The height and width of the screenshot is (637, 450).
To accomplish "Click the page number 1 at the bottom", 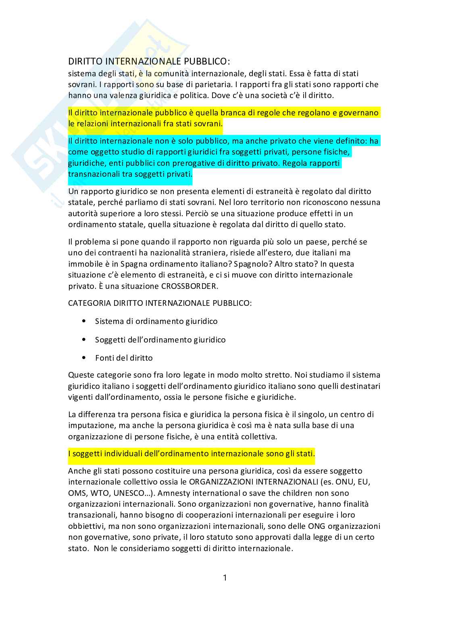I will point(225,578).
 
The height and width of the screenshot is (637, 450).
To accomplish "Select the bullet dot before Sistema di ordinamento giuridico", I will point(84,321).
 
